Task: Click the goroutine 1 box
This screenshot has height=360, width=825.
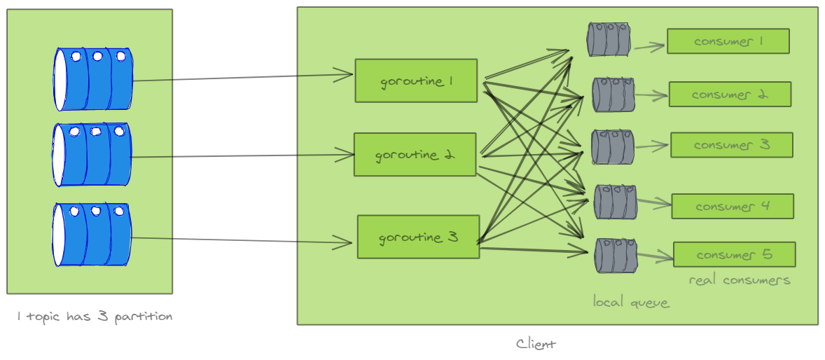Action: [x=416, y=81]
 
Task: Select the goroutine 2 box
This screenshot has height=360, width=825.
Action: [x=415, y=155]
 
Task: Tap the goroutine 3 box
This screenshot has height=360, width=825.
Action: [x=418, y=237]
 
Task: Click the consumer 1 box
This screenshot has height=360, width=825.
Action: [x=728, y=41]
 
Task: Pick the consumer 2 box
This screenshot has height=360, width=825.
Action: [x=730, y=95]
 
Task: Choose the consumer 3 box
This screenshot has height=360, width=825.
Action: [x=731, y=145]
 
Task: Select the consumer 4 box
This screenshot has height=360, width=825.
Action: [x=732, y=207]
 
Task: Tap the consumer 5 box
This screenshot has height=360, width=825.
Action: [x=734, y=254]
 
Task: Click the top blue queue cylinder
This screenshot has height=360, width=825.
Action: [x=93, y=79]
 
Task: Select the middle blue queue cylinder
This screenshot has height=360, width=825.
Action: [x=92, y=155]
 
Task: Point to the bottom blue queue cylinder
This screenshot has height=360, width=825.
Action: [x=92, y=235]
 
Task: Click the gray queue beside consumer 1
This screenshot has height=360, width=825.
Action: [x=608, y=39]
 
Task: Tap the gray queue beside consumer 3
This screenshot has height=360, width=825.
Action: [x=612, y=147]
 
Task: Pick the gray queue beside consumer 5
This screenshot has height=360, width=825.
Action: [x=616, y=256]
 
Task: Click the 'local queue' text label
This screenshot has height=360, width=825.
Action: [x=631, y=303]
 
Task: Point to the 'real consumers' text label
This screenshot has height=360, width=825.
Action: [x=740, y=280]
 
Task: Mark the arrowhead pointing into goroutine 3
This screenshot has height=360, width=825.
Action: [x=343, y=243]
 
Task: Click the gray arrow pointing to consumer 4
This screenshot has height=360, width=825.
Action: [x=653, y=203]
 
